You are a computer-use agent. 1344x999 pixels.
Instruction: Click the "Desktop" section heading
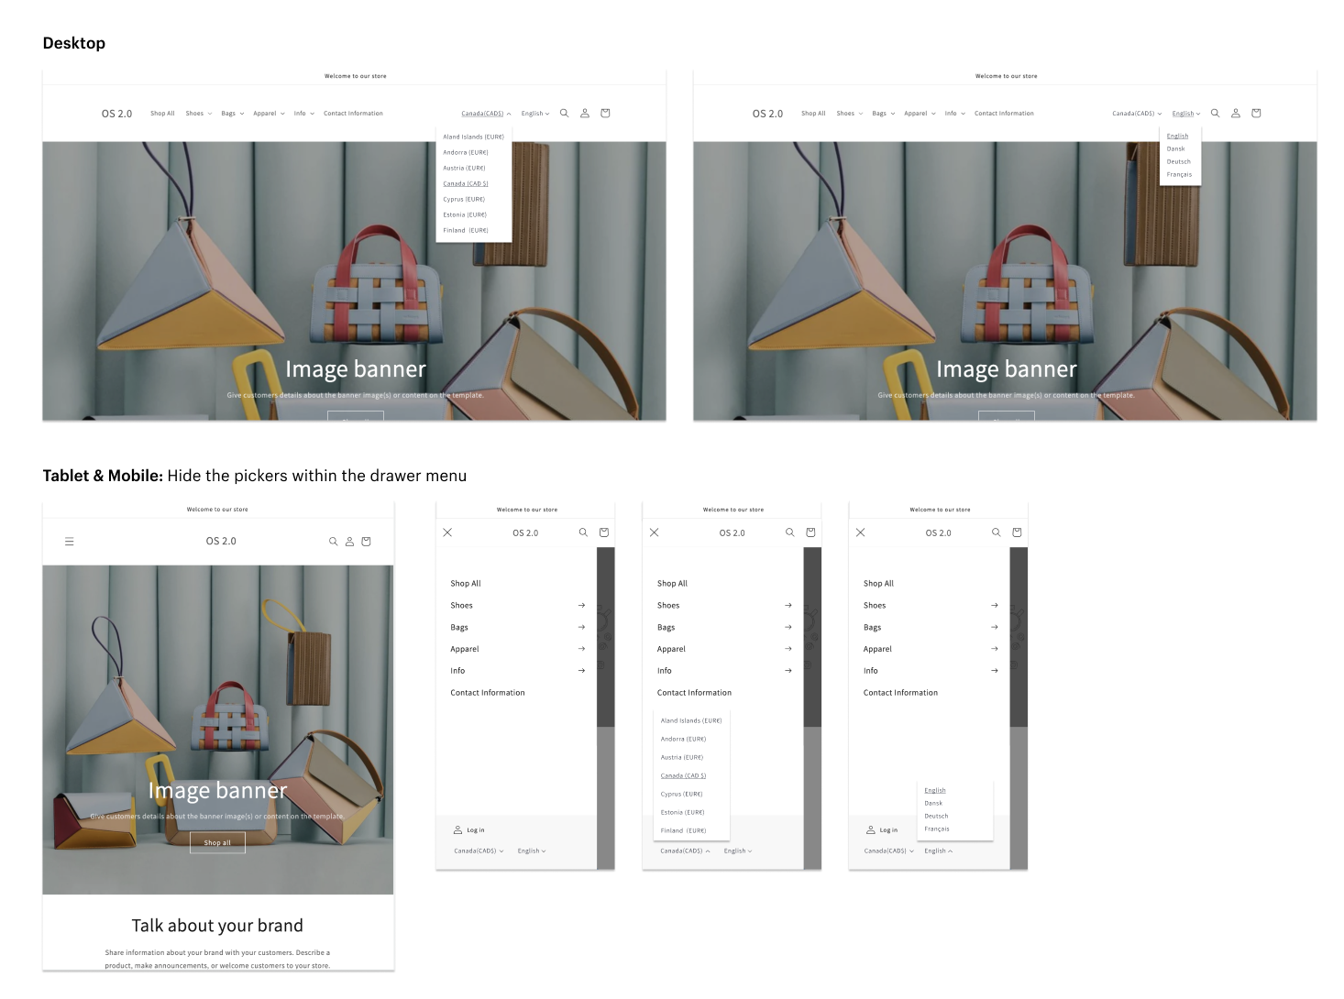[74, 43]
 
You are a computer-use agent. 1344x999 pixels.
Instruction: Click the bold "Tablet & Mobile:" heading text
[103, 476]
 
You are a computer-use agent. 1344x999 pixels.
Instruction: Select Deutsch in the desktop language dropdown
[1178, 161]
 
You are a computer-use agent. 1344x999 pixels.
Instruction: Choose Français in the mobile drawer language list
[936, 829]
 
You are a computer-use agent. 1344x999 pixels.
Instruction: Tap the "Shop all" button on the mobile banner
[217, 842]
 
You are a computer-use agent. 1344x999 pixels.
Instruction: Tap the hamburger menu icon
[69, 542]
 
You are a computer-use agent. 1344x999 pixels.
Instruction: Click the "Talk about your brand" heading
[217, 926]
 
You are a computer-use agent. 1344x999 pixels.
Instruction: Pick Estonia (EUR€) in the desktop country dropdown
[465, 214]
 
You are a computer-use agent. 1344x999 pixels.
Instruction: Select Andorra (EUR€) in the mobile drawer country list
[683, 739]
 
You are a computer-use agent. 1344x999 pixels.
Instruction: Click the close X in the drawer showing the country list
[654, 532]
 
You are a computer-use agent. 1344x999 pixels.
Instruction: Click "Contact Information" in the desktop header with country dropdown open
[353, 114]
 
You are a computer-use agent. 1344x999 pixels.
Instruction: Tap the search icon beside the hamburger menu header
[333, 542]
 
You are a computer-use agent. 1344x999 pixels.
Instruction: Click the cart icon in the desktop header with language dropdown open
[1256, 114]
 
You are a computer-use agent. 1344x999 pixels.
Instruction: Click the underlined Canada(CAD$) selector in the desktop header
[483, 114]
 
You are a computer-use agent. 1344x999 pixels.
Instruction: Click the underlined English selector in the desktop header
[1184, 114]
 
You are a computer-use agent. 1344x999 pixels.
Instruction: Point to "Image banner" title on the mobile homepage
[217, 790]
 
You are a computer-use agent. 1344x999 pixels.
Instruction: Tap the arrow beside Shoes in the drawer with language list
[995, 605]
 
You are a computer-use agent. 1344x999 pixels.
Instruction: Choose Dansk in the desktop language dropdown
[1176, 148]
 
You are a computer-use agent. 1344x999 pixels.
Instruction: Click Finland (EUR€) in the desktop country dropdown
[465, 230]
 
